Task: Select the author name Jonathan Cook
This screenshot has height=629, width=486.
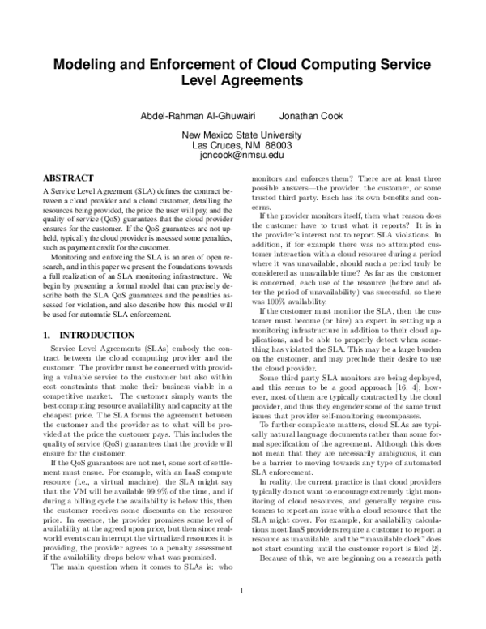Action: [311, 116]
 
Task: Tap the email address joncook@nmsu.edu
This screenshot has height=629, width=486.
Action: [242, 154]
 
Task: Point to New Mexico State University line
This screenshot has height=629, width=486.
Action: [242, 135]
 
